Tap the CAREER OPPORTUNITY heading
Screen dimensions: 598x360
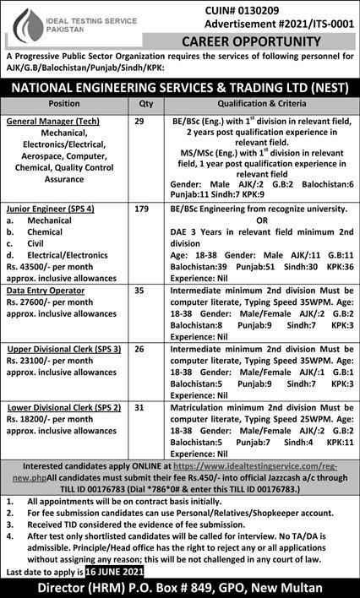click(271, 38)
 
